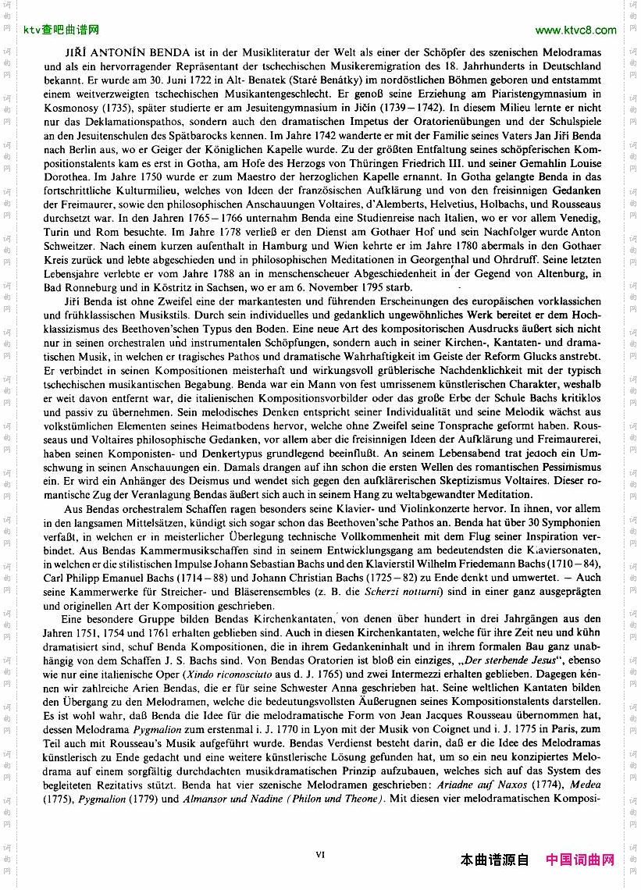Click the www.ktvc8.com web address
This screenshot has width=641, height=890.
[576, 30]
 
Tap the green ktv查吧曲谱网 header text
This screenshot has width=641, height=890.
[62, 30]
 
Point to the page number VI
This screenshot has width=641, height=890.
[320, 855]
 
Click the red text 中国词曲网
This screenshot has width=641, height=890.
[580, 860]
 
